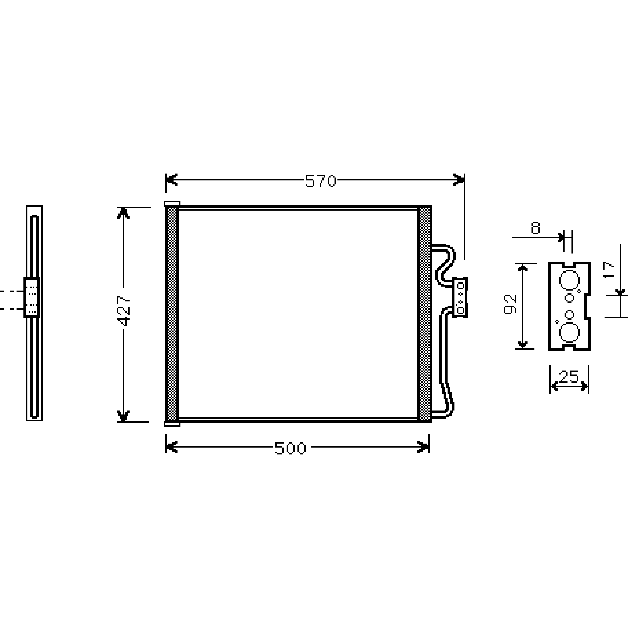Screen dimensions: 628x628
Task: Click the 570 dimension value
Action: click(x=320, y=181)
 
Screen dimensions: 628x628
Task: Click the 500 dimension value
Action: click(x=290, y=448)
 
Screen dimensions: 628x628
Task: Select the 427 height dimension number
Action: click(x=124, y=311)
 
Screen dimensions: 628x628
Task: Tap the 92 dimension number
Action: click(x=510, y=304)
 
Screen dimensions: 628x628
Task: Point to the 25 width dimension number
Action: click(x=569, y=376)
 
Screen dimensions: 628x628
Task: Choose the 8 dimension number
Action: click(x=535, y=228)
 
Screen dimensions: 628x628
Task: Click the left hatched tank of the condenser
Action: click(x=172, y=314)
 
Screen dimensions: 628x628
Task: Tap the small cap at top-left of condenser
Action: click(x=172, y=204)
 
